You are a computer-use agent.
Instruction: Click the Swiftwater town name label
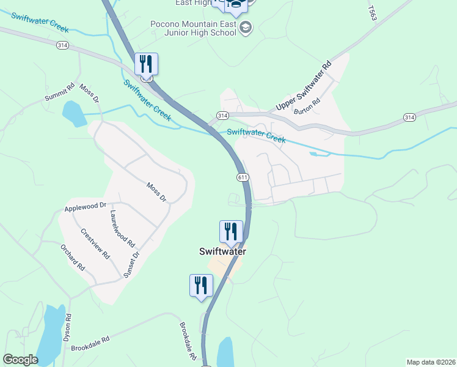222,251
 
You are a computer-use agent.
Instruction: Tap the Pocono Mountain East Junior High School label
193,29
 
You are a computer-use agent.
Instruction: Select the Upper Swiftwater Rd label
303,86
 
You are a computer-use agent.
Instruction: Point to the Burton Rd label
307,106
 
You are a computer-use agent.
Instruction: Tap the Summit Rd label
59,93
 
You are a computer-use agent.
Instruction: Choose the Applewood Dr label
85,207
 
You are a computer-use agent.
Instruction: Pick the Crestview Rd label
95,243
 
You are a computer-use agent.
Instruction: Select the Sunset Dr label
132,264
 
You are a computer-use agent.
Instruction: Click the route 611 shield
243,177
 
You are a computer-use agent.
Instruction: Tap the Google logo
20,360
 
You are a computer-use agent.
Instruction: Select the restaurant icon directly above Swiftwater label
231,231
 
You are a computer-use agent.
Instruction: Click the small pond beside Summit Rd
74,113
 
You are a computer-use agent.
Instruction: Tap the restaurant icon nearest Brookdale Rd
200,285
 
